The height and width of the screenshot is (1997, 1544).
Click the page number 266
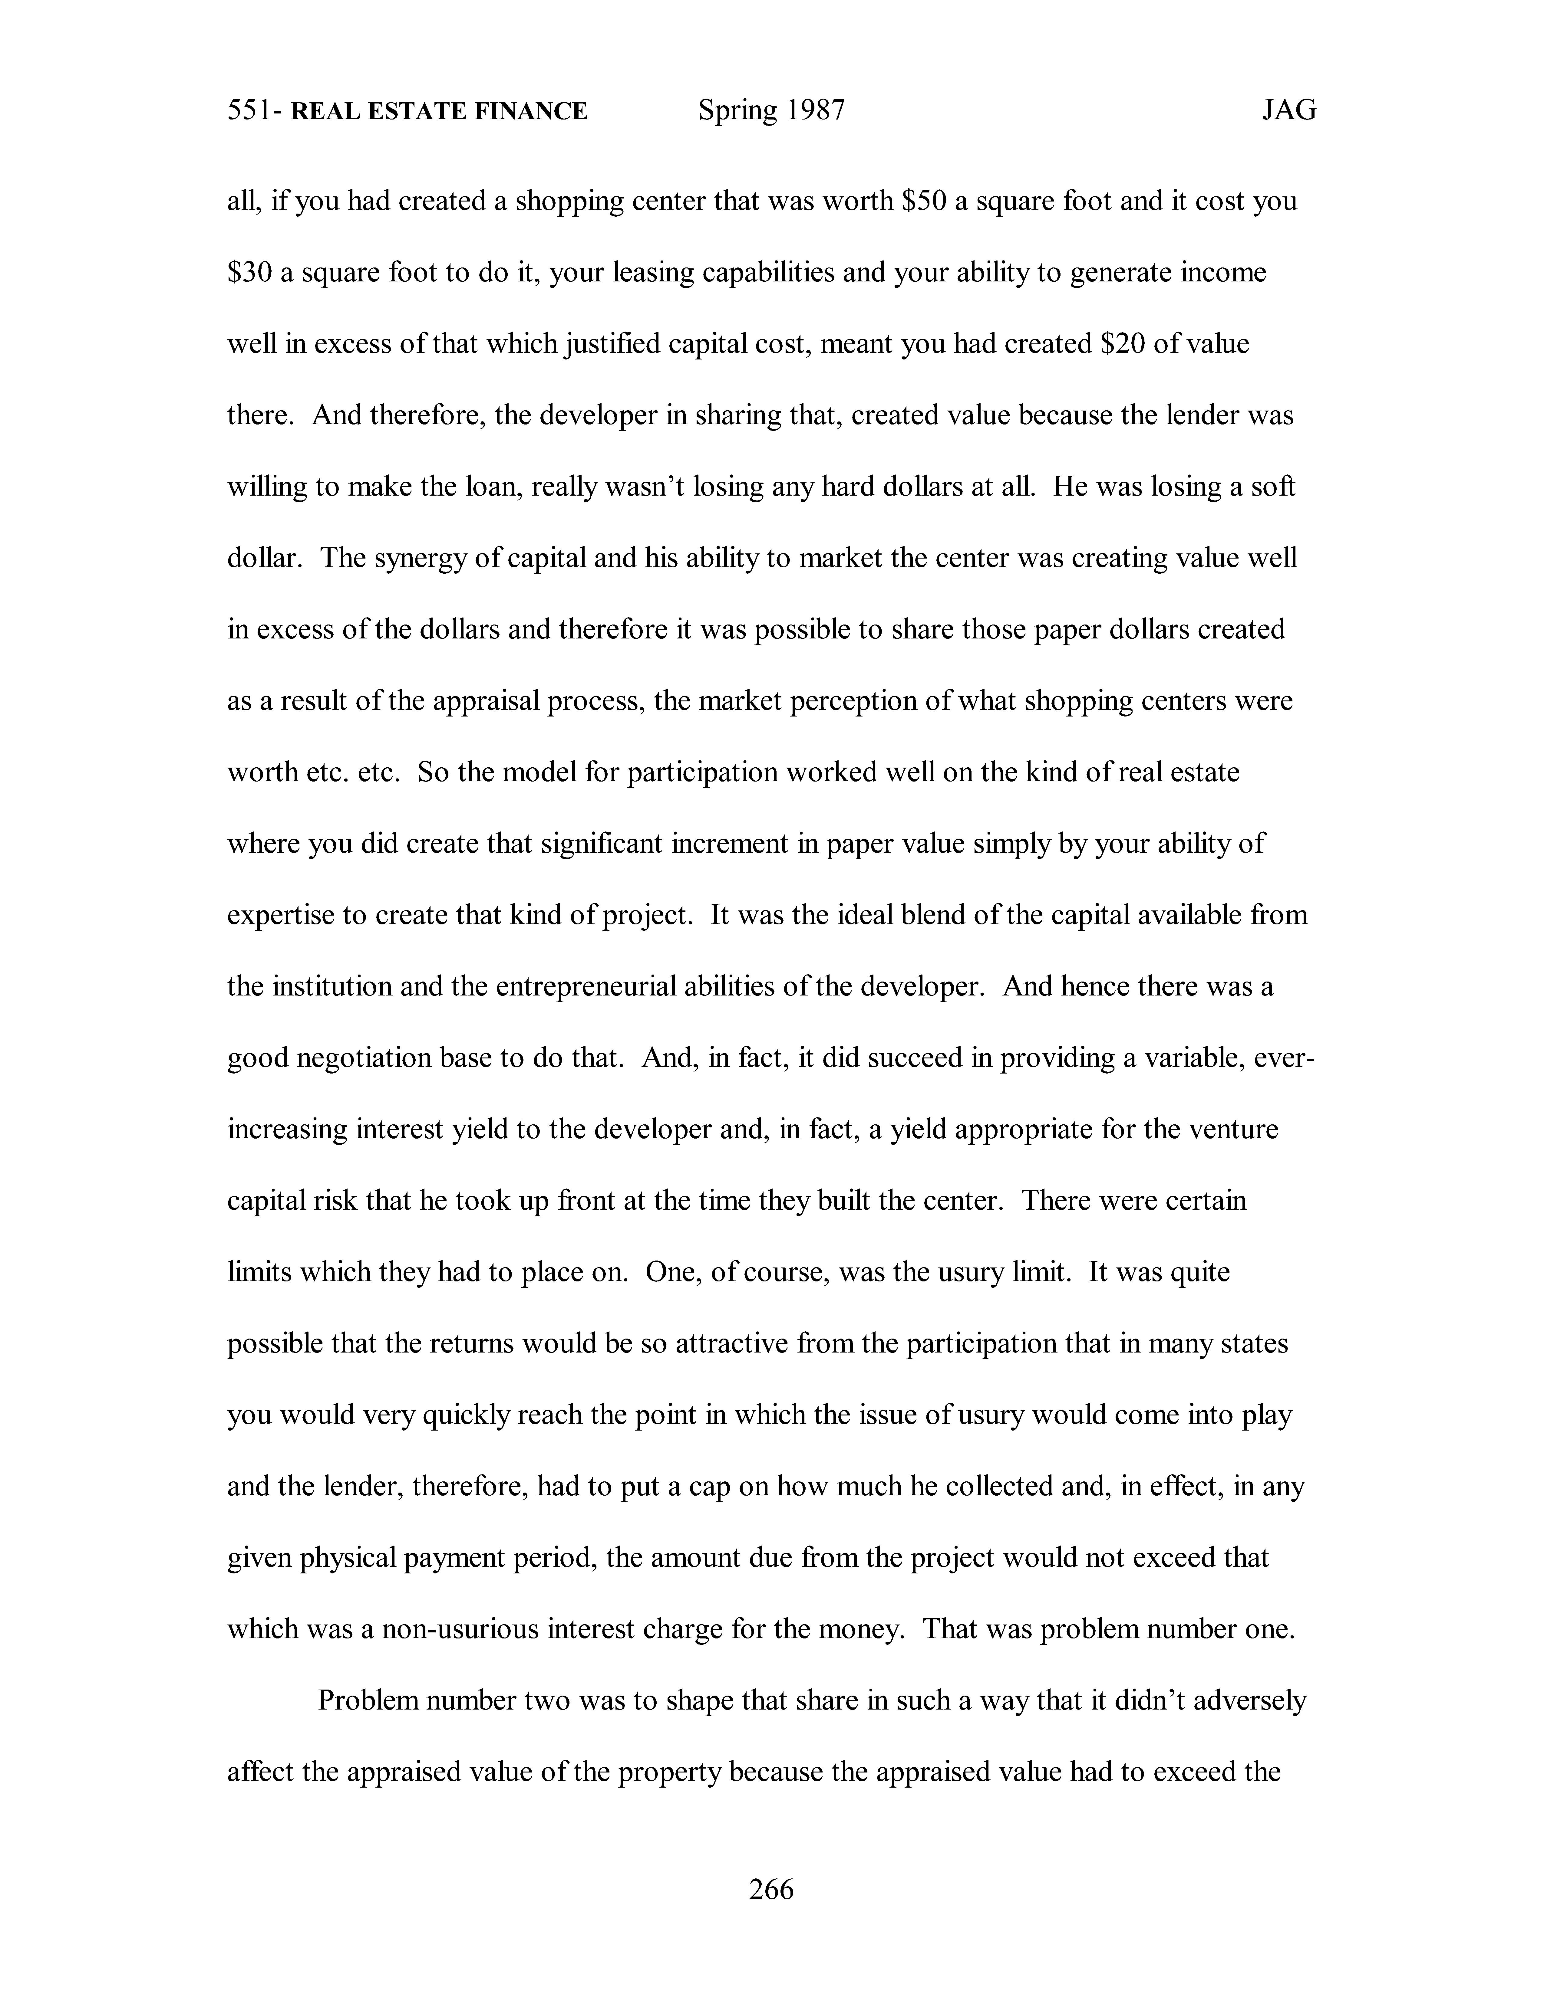(771, 1888)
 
